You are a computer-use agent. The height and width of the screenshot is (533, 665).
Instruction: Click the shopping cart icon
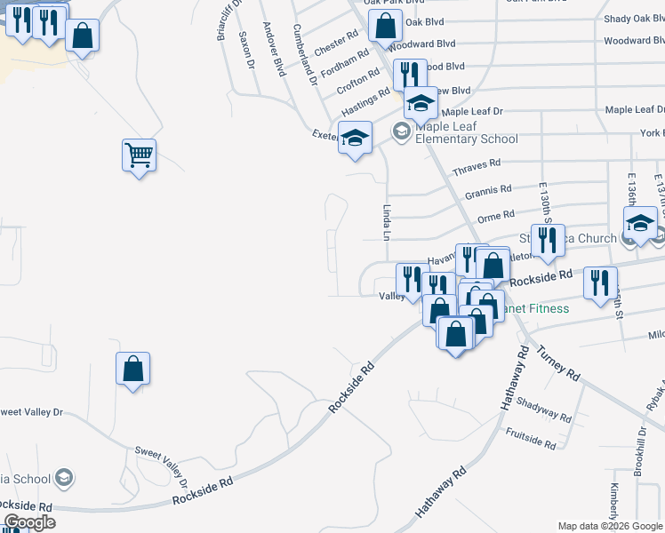pos(140,155)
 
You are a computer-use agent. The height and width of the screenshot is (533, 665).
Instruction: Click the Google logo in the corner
pos(29,522)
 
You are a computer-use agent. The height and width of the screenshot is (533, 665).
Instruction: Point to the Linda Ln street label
pos(387,222)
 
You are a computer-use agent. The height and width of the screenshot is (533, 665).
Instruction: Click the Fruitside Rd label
pos(530,438)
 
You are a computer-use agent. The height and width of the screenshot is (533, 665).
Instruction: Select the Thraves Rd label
pos(477,166)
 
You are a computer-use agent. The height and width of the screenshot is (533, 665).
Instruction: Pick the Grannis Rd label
pos(488,192)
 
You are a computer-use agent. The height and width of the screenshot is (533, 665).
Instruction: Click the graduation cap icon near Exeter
pos(355,139)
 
